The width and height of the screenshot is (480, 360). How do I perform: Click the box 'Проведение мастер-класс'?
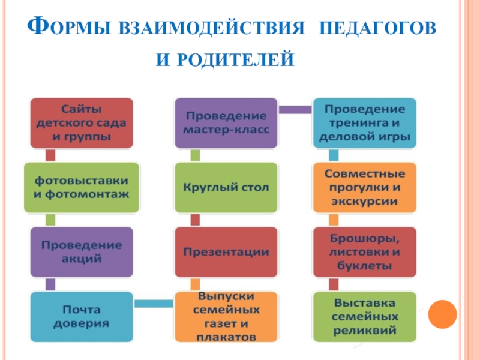(226, 123)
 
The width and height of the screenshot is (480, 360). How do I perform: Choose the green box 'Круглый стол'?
(226, 187)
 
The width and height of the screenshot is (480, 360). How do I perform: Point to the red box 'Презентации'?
(226, 252)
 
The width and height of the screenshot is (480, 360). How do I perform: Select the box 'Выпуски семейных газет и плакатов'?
(226, 317)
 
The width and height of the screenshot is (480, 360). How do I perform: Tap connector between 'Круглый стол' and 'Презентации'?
(194, 220)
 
